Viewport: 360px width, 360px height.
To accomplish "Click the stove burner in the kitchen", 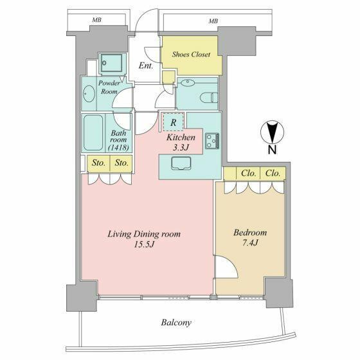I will [x=213, y=141].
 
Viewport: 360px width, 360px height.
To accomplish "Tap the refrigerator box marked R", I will [x=173, y=120].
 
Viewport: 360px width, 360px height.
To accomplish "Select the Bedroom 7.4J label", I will [x=250, y=237].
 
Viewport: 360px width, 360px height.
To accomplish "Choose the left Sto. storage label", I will [x=98, y=163].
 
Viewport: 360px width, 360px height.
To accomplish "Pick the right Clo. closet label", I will [x=272, y=173].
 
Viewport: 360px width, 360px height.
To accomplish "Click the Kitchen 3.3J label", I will [x=182, y=143].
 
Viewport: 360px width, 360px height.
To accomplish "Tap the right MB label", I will [x=213, y=21].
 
